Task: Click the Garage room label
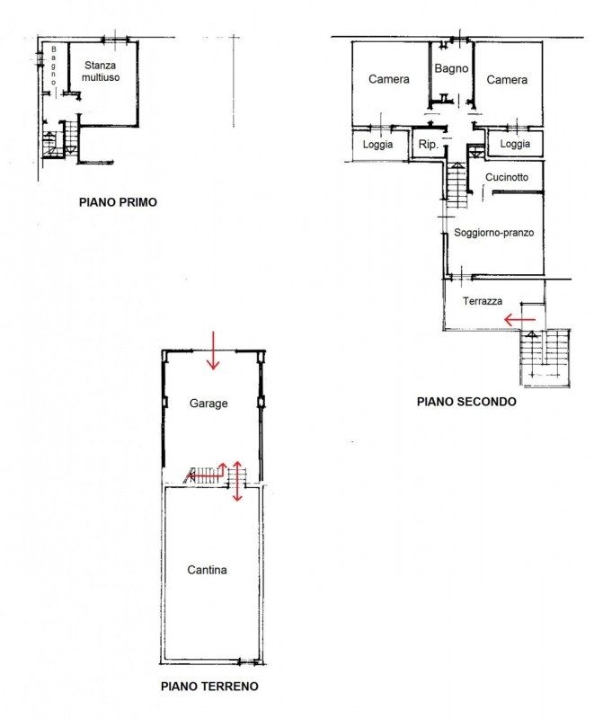click(x=208, y=404)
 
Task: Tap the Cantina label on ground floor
click(x=208, y=570)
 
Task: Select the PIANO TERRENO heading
click(x=209, y=687)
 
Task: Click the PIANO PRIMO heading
click(x=118, y=202)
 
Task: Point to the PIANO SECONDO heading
click(x=466, y=402)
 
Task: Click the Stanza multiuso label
click(x=101, y=72)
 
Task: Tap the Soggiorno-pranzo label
click(x=493, y=233)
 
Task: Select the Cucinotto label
click(x=507, y=177)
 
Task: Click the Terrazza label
click(x=483, y=301)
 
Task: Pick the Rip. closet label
click(x=428, y=145)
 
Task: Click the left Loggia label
click(x=377, y=145)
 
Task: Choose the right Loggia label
click(x=515, y=144)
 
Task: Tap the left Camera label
click(x=389, y=79)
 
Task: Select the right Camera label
click(x=507, y=80)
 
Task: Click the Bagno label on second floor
click(x=451, y=69)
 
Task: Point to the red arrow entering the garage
click(x=213, y=351)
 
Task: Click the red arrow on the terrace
click(x=519, y=320)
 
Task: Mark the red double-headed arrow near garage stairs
click(x=237, y=481)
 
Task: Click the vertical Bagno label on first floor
click(x=54, y=66)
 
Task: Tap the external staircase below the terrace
click(x=545, y=359)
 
